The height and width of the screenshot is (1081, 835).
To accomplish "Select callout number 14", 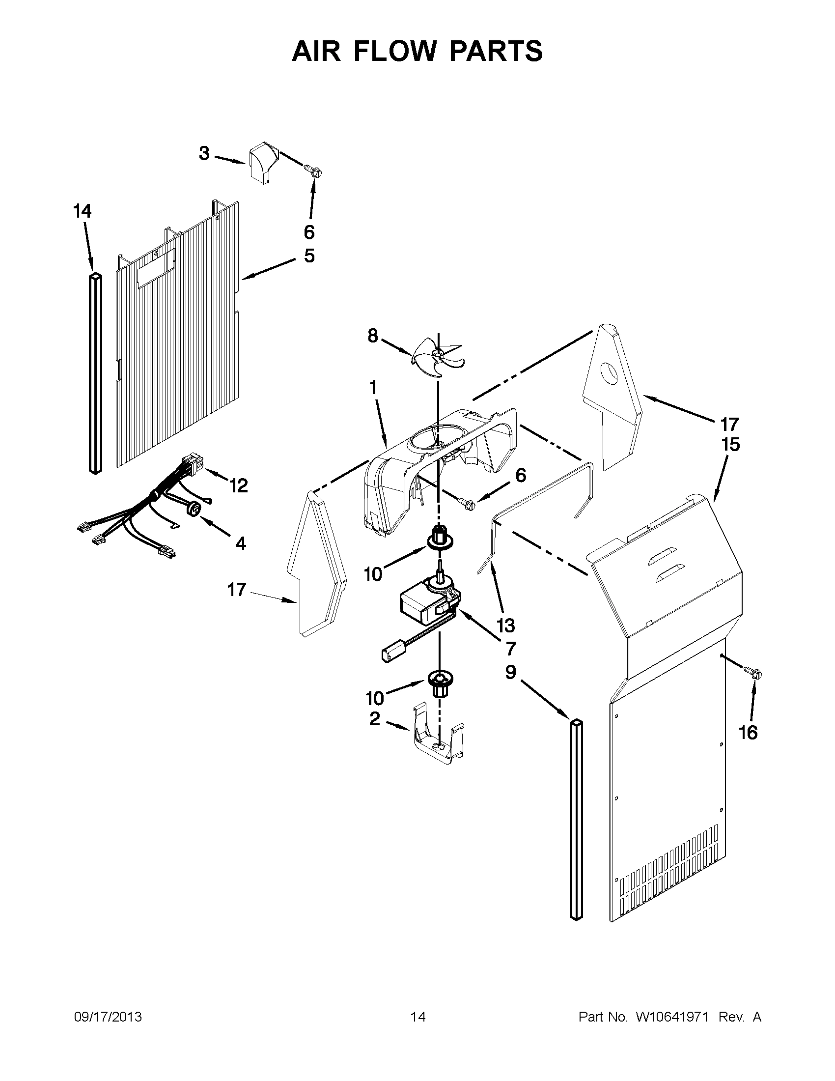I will pyautogui.click(x=82, y=211).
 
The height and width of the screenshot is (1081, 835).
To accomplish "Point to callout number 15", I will pyautogui.click(x=730, y=445).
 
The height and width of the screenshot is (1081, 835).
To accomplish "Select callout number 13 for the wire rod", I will pyautogui.click(x=505, y=625).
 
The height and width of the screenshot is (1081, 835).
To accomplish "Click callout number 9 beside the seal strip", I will pyautogui.click(x=511, y=672).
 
